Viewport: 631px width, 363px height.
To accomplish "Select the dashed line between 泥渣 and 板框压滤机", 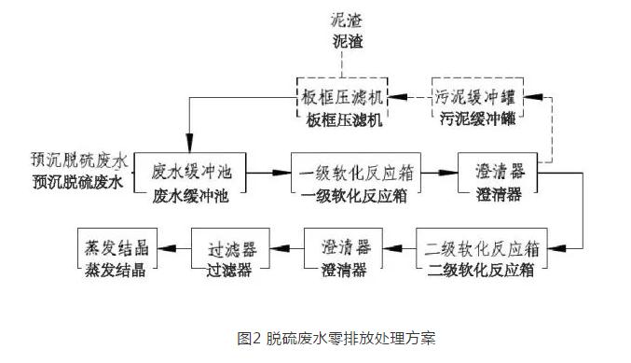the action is point(342,63).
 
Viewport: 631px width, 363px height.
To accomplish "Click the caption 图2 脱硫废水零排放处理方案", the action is point(336,338).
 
